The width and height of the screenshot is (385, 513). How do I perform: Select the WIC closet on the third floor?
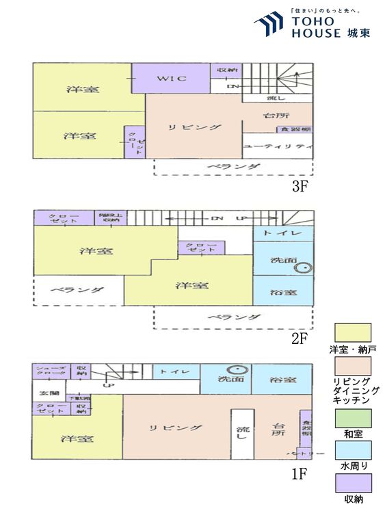tap(172, 79)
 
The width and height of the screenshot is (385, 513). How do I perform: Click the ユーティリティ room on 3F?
tap(278, 146)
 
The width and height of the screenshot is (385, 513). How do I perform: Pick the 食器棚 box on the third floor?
tap(295, 129)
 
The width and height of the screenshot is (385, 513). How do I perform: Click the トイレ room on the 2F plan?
tap(284, 233)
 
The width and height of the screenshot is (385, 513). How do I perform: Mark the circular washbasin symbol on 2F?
tap(301, 269)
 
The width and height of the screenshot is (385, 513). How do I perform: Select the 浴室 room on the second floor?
tap(284, 293)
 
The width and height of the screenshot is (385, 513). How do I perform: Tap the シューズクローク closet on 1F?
tap(51, 371)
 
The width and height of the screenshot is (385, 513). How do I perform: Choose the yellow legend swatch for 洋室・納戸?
tap(353, 333)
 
